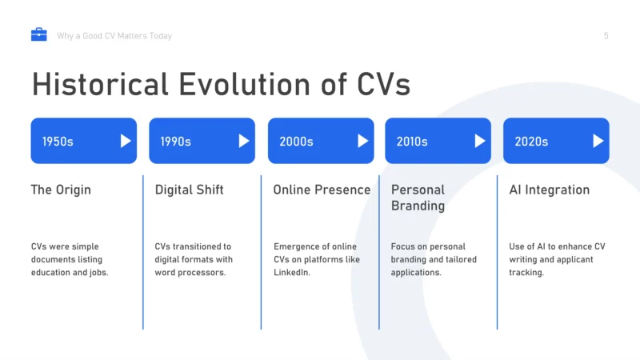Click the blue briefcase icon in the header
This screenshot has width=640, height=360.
(x=38, y=34)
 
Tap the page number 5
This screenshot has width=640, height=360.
(x=606, y=36)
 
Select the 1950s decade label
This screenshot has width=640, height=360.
(x=58, y=142)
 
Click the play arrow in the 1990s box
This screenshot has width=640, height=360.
(x=244, y=141)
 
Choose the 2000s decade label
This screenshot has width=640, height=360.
(x=296, y=142)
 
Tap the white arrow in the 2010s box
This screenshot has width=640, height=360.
(x=480, y=141)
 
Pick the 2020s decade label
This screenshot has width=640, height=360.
(x=531, y=142)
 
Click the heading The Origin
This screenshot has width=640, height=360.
(x=61, y=190)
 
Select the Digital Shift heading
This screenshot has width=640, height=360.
(x=189, y=190)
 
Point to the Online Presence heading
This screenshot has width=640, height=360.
(x=322, y=190)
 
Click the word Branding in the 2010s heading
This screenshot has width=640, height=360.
(x=418, y=206)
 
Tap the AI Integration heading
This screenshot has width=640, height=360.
(x=549, y=190)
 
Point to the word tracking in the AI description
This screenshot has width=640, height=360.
(x=526, y=272)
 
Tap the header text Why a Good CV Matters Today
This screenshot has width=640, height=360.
(x=114, y=36)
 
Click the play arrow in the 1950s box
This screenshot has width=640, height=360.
(x=126, y=141)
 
